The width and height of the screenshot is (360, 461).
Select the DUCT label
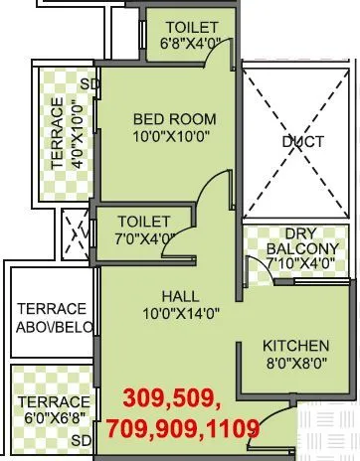click(302, 142)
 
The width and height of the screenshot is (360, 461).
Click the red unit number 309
click(146, 400)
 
